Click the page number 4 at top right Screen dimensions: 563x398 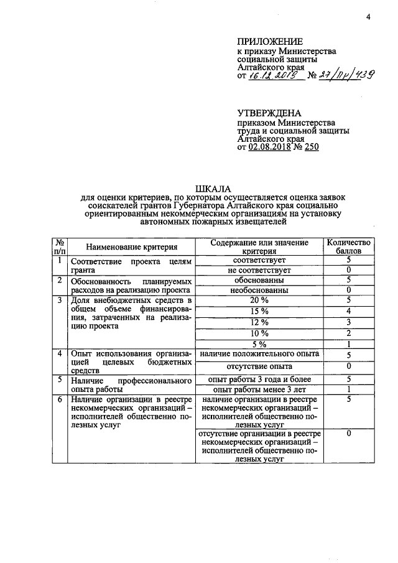click(368, 17)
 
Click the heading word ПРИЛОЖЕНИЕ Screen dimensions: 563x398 click(267, 42)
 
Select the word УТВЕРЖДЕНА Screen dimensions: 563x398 click(269, 113)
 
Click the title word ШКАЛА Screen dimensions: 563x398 click(213, 188)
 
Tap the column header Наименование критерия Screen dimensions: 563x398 click(132, 247)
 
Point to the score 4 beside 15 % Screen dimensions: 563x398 click(349, 311)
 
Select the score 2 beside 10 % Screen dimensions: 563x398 click(349, 333)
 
